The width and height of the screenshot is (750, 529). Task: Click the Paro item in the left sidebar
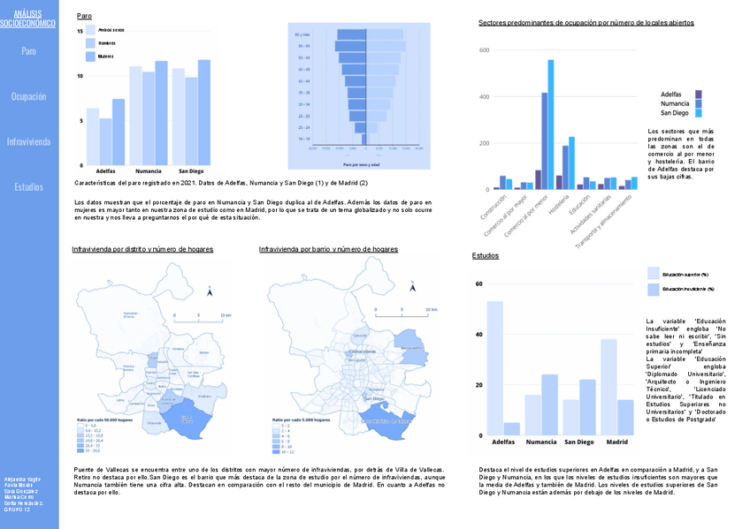[x=29, y=51]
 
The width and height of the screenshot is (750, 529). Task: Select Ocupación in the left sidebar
[x=29, y=96]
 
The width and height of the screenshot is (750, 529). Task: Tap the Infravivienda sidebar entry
[x=29, y=141]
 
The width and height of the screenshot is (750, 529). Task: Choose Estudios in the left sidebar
[x=29, y=187]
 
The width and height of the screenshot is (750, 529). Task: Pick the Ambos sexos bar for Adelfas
[x=93, y=137]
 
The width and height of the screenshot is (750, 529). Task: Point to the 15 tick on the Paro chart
[x=80, y=31]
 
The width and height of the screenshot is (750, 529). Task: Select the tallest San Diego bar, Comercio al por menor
[x=551, y=125]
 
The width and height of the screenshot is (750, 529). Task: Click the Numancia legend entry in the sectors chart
[x=676, y=103]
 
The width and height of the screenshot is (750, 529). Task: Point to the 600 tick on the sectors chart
[x=484, y=50]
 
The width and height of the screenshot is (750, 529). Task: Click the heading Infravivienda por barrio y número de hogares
[x=328, y=250]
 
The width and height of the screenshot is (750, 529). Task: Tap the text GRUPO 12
[x=18, y=510]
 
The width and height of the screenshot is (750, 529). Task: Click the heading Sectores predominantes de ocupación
[x=585, y=22]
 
